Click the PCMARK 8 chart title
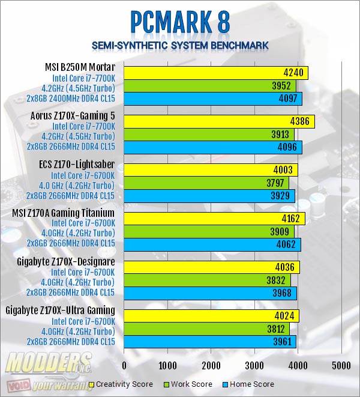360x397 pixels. click(x=180, y=22)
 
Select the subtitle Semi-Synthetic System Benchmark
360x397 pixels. click(x=180, y=46)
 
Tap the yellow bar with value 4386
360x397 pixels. click(x=219, y=121)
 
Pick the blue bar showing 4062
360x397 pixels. click(x=212, y=244)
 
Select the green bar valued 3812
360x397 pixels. click(x=206, y=329)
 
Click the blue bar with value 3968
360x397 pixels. click(x=210, y=293)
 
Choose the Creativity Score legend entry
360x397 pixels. click(x=121, y=384)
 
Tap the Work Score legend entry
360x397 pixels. click(x=188, y=384)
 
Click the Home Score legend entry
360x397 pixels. click(x=248, y=384)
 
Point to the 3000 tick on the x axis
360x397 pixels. click(x=254, y=365)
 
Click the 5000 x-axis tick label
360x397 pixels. click(x=341, y=365)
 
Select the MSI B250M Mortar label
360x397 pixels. click(x=80, y=67)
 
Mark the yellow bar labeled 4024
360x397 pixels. click(x=211, y=317)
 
